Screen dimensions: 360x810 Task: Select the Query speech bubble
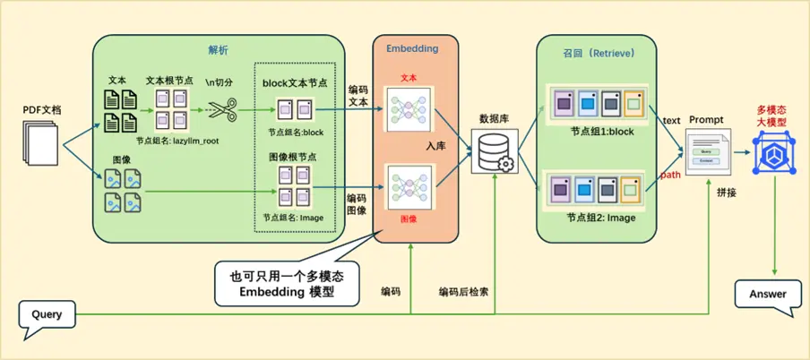47,314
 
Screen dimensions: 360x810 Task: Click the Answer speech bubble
767,295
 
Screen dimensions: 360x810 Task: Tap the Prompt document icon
707,150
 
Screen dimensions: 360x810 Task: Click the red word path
669,175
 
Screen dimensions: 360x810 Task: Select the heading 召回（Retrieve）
599,54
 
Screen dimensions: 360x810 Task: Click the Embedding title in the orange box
411,47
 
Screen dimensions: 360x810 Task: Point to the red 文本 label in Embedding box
409,78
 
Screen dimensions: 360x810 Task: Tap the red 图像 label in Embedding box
408,218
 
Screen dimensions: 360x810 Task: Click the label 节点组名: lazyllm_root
177,141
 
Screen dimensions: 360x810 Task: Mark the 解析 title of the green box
218,48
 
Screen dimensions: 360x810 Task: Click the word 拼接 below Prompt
727,192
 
